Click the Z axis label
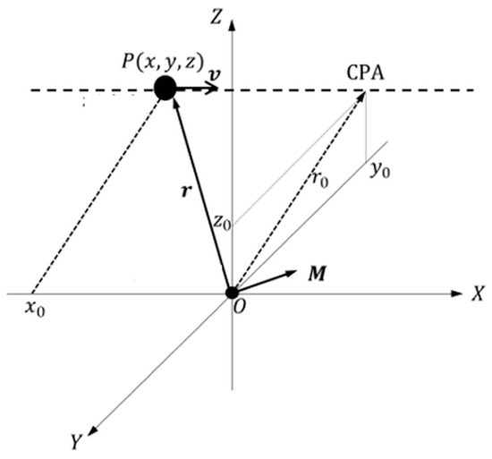click(x=216, y=17)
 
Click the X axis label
click(x=478, y=294)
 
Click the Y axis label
click(x=76, y=442)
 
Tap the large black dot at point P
click(x=165, y=88)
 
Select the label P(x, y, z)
click(x=163, y=62)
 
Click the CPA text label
click(x=365, y=73)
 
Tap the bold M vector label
click(x=317, y=273)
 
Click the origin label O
click(x=239, y=308)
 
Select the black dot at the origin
click(x=233, y=293)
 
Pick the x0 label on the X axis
click(x=35, y=310)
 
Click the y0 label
click(x=380, y=170)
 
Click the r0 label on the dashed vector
click(x=320, y=180)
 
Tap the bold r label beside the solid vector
click(x=186, y=191)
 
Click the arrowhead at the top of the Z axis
click(x=233, y=25)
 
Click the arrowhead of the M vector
click(x=291, y=273)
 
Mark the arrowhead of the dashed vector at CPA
click(x=361, y=97)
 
